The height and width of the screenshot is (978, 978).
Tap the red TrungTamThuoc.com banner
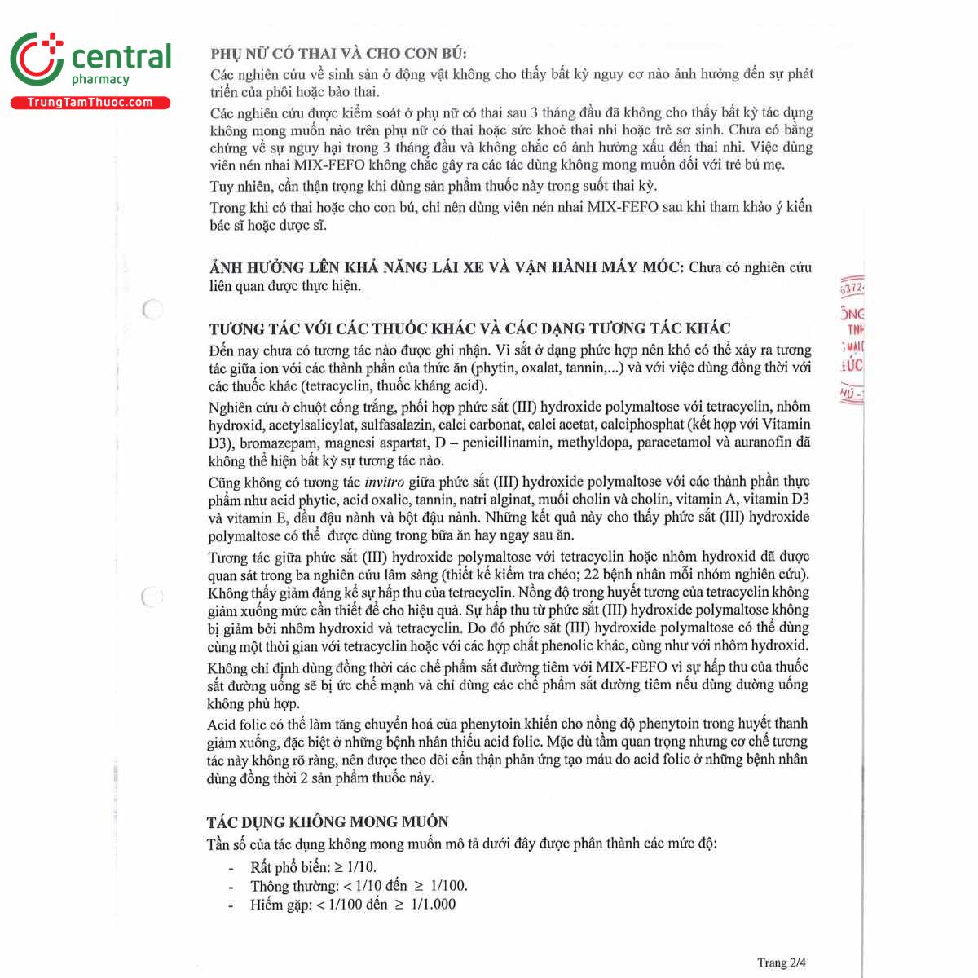click(x=90, y=103)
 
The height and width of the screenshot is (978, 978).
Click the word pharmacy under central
click(x=100, y=80)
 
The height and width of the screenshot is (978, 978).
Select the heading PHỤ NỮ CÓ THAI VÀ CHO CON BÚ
click(x=338, y=54)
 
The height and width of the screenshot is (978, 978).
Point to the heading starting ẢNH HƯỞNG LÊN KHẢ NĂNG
click(x=447, y=267)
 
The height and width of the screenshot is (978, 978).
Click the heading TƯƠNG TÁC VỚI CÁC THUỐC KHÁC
click(x=469, y=328)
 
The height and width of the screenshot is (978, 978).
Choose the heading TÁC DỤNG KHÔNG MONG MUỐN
click(x=328, y=822)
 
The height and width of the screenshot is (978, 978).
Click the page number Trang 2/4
click(x=782, y=963)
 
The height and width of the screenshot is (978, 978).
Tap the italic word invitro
click(x=384, y=482)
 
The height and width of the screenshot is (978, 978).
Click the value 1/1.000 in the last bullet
click(x=434, y=904)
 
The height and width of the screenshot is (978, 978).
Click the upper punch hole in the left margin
click(x=152, y=310)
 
